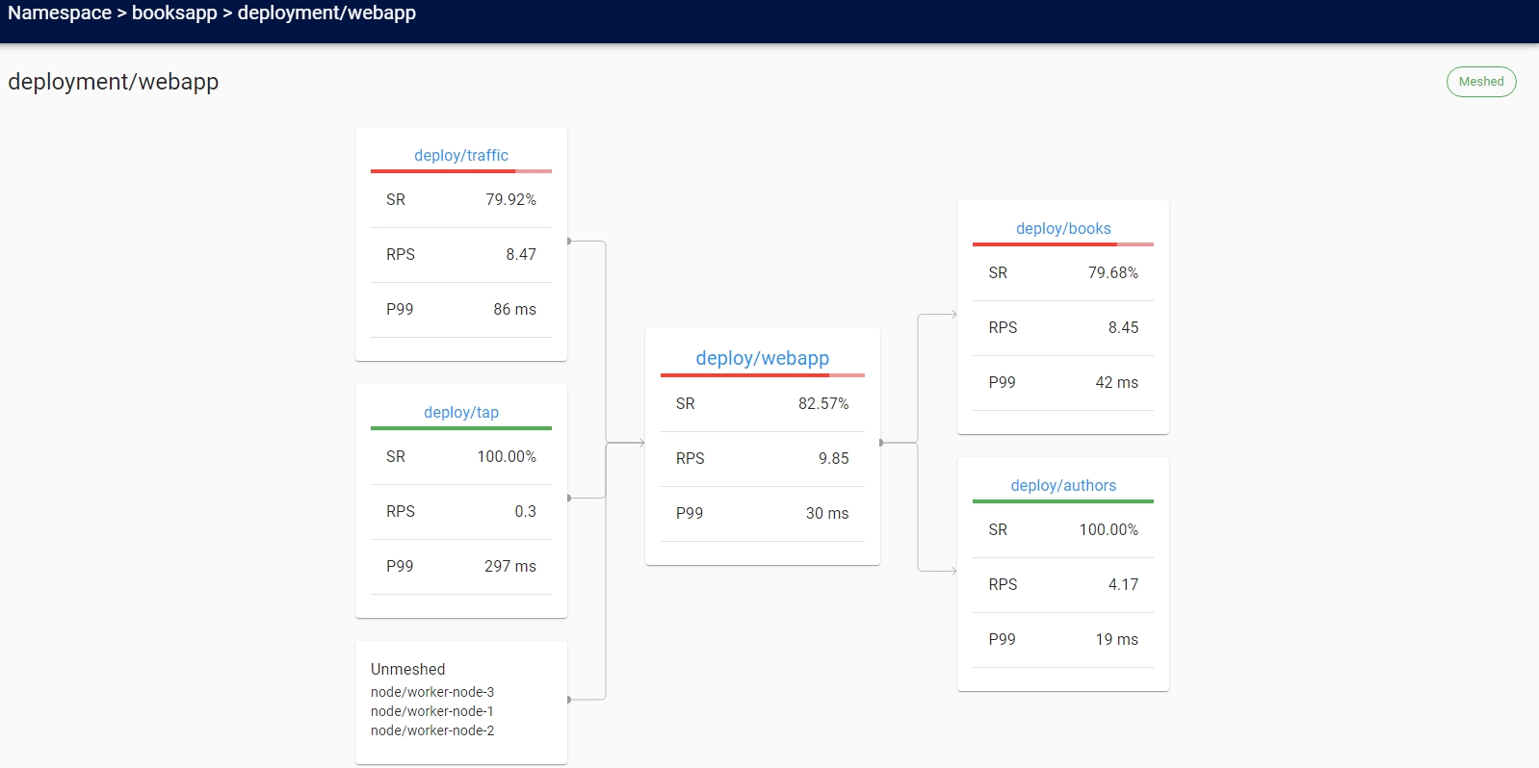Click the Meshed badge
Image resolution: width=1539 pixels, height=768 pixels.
click(x=1480, y=82)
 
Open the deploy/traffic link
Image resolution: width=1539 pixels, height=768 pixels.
click(x=460, y=155)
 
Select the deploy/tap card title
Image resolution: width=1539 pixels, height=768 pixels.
click(x=460, y=412)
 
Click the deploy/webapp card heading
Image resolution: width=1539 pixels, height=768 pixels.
click(x=762, y=358)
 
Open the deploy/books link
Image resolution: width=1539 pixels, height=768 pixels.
click(x=1062, y=228)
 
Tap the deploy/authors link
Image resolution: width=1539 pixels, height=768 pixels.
click(x=1062, y=485)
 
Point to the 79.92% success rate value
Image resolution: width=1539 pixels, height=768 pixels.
click(x=510, y=199)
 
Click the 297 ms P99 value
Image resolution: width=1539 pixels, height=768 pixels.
click(x=509, y=566)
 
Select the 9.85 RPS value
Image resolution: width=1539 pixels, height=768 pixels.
click(x=833, y=458)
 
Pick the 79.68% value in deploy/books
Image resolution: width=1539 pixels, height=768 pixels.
click(x=1112, y=272)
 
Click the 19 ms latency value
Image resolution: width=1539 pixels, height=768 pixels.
click(x=1116, y=639)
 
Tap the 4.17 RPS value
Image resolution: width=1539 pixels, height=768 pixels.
click(x=1122, y=584)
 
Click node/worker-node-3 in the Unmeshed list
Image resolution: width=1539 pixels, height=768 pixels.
click(x=431, y=692)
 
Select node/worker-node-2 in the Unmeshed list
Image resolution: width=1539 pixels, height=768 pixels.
click(x=431, y=730)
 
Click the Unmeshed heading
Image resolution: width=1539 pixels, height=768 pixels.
click(x=407, y=669)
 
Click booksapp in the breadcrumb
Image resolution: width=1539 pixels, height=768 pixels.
click(x=174, y=13)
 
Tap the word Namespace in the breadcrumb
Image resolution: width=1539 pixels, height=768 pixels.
click(x=59, y=13)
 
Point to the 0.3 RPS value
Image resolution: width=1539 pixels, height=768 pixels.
click(x=525, y=511)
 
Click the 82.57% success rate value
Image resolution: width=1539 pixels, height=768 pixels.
click(x=822, y=403)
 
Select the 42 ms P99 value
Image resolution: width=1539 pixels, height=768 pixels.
click(x=1116, y=382)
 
